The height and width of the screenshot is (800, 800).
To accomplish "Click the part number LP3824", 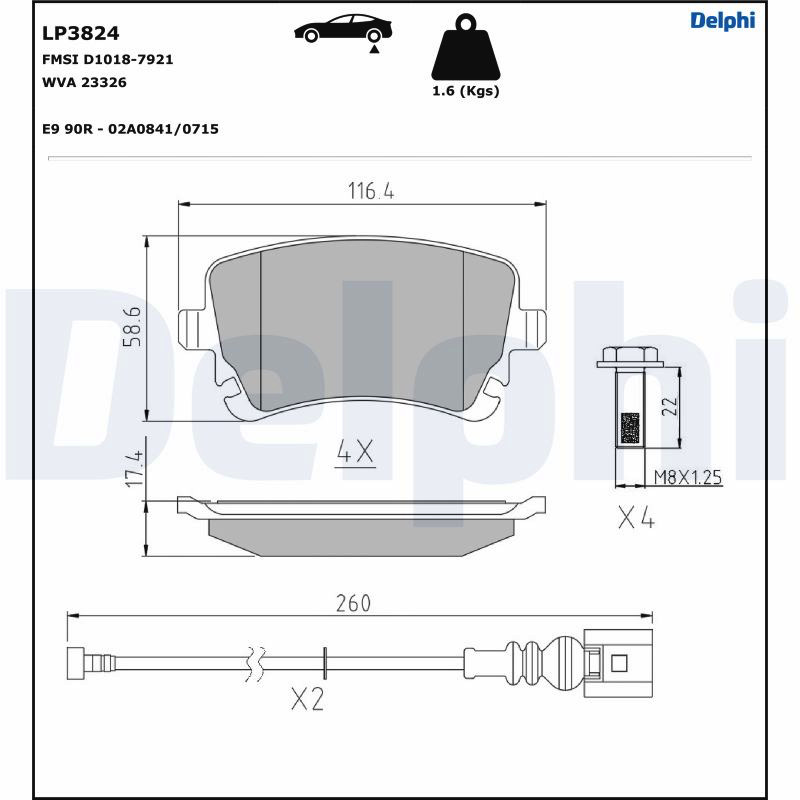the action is point(81,33).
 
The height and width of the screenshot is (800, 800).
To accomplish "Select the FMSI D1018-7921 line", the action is point(108,60).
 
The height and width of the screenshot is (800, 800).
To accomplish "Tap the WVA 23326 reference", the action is point(84,82).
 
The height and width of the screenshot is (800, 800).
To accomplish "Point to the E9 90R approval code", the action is point(131,129).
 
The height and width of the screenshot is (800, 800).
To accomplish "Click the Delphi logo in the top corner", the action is point(722,21).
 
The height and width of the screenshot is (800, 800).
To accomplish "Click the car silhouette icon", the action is point(343,30).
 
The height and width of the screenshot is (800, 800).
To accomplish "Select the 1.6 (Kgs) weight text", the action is point(466,91).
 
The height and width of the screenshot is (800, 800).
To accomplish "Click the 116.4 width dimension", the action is point(371,191).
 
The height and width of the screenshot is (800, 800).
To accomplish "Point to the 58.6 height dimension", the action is point(132,327).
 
